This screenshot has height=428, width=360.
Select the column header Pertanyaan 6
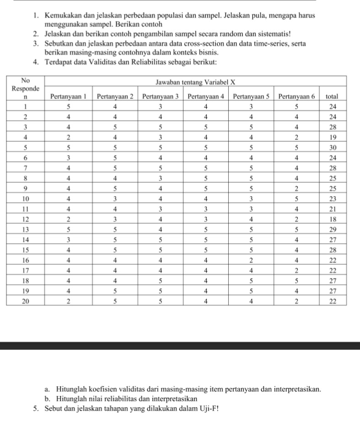coord(296,96)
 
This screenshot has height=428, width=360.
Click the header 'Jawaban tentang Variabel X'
coord(195,82)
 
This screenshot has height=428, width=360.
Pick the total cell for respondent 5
coord(333,147)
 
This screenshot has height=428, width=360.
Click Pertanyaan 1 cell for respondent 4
coord(69,137)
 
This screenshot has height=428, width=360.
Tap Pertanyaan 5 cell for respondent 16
coord(251,259)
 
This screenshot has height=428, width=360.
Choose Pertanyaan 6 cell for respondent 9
coord(296,188)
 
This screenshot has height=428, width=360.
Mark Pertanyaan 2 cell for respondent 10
coord(115,198)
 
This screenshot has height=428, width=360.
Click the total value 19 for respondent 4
coord(333,137)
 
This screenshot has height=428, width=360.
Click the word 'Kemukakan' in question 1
coord(62,16)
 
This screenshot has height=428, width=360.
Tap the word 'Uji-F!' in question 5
coord(209,408)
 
